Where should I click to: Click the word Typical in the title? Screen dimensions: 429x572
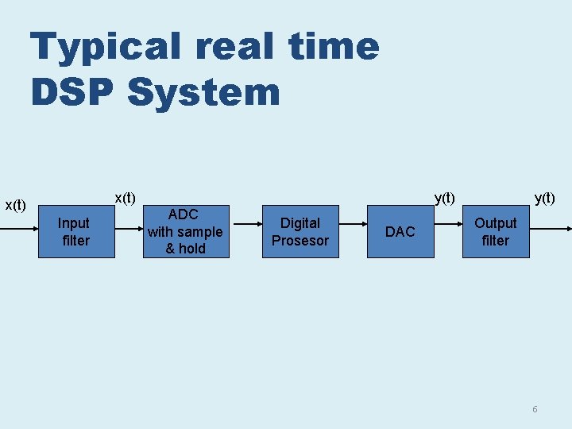click(x=105, y=48)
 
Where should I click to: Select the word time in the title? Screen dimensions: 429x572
click(x=334, y=46)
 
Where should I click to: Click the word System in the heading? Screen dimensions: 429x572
click(x=203, y=92)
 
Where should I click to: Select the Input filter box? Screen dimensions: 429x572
click(x=76, y=231)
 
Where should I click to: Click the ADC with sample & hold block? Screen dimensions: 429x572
click(x=184, y=231)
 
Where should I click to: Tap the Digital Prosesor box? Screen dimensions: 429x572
click(x=300, y=231)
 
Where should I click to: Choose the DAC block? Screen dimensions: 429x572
click(x=400, y=231)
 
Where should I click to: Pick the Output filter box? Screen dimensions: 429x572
click(x=496, y=231)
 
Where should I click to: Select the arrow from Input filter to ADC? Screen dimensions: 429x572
click(x=129, y=230)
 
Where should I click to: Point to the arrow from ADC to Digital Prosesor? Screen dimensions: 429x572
click(x=243, y=230)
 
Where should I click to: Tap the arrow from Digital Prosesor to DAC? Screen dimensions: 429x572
click(x=354, y=230)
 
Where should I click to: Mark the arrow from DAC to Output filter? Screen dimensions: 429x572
click(x=448, y=230)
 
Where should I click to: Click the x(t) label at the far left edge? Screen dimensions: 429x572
click(x=16, y=206)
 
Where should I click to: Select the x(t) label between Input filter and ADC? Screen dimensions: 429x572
click(x=126, y=197)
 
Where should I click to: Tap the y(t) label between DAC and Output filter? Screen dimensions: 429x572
click(x=444, y=197)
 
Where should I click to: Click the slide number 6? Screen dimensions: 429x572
click(x=535, y=409)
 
